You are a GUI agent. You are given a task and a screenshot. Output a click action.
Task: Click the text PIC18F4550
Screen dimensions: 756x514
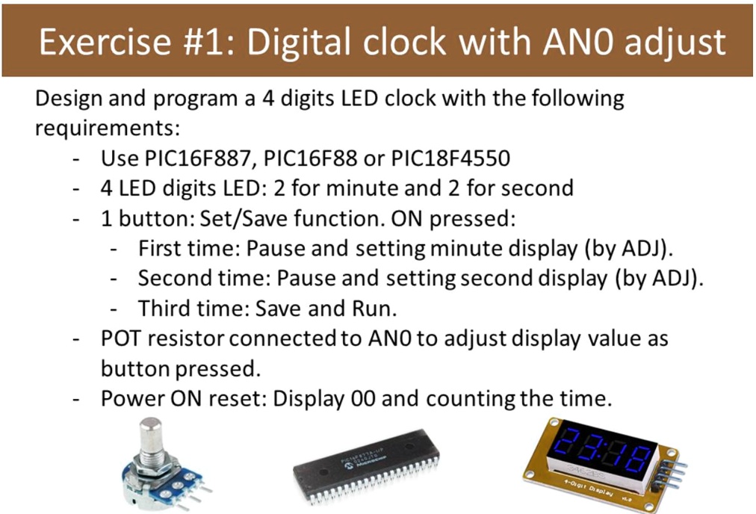click(450, 158)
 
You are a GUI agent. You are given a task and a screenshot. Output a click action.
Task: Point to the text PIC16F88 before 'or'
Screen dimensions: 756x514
click(311, 158)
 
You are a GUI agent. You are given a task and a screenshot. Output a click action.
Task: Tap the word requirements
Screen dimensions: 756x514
click(107, 128)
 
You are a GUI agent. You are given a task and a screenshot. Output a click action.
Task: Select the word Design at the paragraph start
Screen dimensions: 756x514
click(69, 99)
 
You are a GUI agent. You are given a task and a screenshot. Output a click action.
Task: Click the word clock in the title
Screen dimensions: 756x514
click(404, 41)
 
